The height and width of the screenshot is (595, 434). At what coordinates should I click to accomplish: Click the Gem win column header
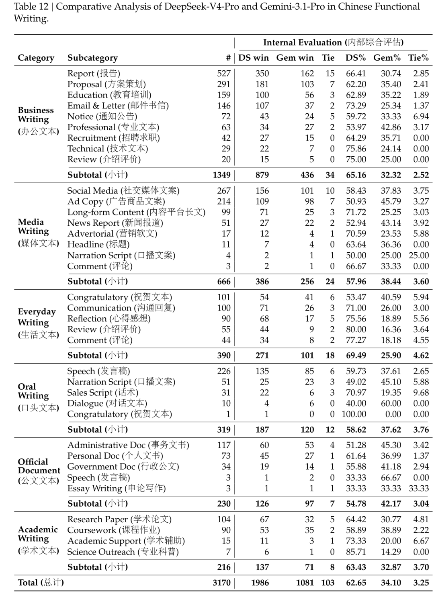point(295,58)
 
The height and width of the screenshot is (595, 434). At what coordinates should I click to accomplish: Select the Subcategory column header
point(92,58)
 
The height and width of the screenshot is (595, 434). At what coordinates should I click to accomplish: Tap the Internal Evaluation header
point(333,43)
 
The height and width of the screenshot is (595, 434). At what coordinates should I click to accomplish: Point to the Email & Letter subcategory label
point(118,106)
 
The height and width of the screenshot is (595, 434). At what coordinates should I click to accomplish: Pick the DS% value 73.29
point(356,106)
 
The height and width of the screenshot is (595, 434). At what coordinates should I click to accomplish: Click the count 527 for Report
point(223,74)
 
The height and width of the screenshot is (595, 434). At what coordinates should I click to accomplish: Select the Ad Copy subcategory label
point(116,201)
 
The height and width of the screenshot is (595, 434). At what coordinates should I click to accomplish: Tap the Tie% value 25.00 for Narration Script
point(418,256)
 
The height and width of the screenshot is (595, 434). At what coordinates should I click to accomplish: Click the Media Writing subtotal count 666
point(223,282)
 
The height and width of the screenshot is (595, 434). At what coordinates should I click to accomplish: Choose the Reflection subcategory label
point(108,319)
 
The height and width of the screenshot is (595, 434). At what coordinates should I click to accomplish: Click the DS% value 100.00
point(354,414)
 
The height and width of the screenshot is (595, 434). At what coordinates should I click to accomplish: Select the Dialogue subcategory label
point(107,403)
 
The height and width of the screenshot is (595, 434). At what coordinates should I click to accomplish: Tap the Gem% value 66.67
point(391,478)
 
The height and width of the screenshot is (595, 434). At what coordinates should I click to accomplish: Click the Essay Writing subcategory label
point(116,489)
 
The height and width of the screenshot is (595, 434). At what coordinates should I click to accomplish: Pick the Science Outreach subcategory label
point(123,552)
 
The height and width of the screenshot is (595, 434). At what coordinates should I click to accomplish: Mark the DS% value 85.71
point(356,552)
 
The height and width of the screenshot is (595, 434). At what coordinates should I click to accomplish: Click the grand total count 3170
point(221,583)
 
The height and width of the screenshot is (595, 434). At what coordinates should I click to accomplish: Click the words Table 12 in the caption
point(31,7)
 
